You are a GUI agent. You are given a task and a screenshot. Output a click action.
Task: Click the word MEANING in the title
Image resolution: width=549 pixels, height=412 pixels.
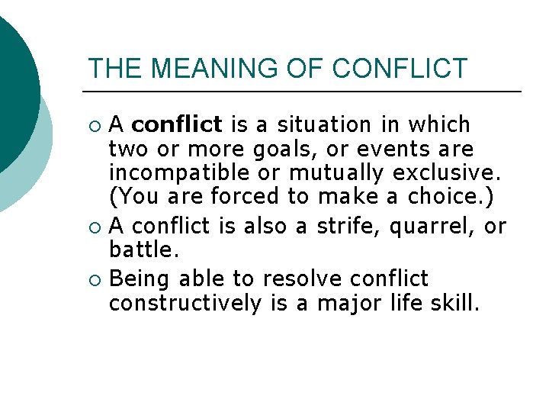[x=198, y=68]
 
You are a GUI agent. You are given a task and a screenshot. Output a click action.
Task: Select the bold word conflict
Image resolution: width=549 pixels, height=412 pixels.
[x=182, y=124]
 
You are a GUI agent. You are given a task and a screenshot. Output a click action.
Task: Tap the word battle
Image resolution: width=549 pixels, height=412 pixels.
[x=140, y=249]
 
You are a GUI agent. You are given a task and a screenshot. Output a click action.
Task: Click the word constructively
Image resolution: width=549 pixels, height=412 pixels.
[x=185, y=303]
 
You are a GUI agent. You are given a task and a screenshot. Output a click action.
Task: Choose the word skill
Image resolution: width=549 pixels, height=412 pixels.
[x=454, y=303]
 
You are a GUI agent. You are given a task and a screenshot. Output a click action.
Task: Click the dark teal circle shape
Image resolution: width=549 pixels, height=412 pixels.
[x=11, y=84]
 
